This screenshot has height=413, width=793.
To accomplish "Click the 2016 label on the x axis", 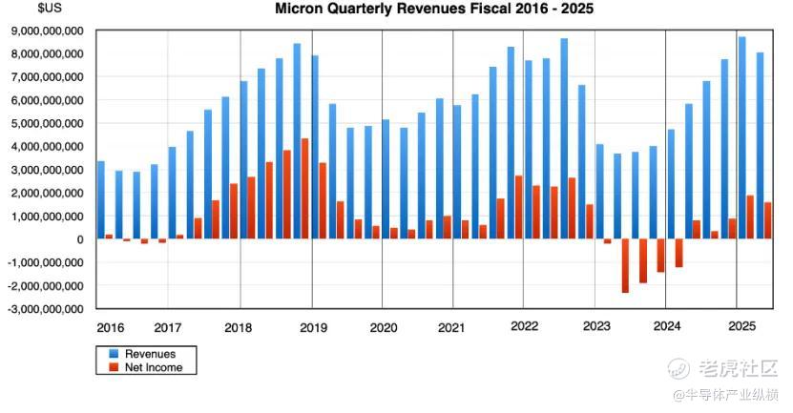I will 110,327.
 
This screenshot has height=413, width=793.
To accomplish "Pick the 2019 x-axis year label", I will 313,327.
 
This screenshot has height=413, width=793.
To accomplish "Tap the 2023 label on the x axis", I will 596,327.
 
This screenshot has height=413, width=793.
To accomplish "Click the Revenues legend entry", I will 151,354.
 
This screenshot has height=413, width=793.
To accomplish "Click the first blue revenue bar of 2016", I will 101,200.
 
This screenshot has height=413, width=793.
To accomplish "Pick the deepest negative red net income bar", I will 625,266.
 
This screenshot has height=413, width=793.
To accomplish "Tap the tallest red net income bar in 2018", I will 304,189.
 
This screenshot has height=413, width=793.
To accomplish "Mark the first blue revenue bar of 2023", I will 599,192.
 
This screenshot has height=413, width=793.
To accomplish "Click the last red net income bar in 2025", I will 769,220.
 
